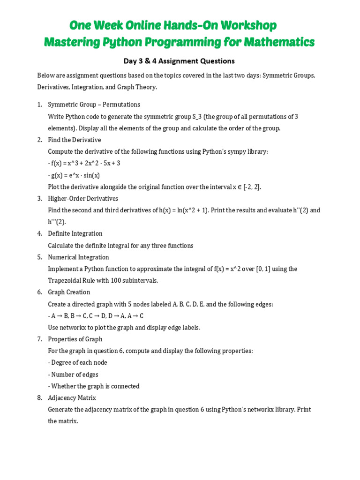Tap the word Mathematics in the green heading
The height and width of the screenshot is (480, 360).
[x=277, y=42]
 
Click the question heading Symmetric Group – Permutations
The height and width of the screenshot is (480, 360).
[x=94, y=105]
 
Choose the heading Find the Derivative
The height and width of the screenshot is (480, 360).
[x=74, y=140]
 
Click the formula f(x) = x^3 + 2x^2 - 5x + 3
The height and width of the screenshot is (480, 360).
[x=85, y=163]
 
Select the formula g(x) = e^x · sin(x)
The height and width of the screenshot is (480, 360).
[x=75, y=175]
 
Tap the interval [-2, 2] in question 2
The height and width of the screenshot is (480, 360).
[x=252, y=187]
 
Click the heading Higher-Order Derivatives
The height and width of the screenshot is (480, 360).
[x=83, y=198]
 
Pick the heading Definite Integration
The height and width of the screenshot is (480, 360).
[x=75, y=233]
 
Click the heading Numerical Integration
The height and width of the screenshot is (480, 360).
[x=78, y=257]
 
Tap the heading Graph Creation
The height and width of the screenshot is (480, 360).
[x=69, y=292]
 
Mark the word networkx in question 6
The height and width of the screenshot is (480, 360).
[x=73, y=328]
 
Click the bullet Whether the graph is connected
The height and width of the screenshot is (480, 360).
[x=94, y=386]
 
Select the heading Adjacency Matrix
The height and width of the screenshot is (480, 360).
[x=72, y=397]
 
